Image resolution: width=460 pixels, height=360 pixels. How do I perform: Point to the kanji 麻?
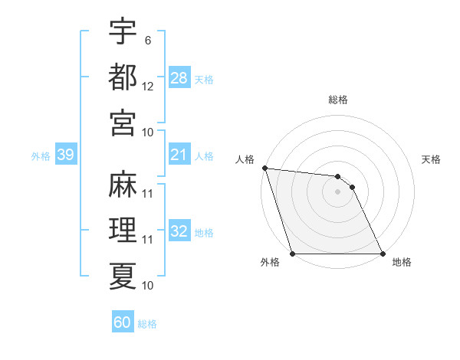pyautogui.click(x=123, y=183)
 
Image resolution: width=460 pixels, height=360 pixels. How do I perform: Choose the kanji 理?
pyautogui.click(x=123, y=229)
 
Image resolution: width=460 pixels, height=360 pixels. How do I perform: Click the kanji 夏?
pyautogui.click(x=123, y=274)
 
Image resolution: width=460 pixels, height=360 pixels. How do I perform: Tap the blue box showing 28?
pyautogui.click(x=179, y=78)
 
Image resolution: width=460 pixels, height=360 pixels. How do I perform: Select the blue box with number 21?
pyautogui.click(x=179, y=155)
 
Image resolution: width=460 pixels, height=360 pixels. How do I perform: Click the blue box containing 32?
pyautogui.click(x=179, y=231)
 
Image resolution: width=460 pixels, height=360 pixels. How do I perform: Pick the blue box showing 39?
pyautogui.click(x=65, y=155)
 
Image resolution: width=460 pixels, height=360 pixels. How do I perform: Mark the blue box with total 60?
pyautogui.click(x=123, y=322)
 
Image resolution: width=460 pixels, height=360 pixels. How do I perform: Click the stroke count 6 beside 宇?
pyautogui.click(x=147, y=40)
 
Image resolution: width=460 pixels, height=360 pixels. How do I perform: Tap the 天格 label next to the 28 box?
pyautogui.click(x=205, y=79)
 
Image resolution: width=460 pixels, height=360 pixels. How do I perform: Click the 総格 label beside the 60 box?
pyautogui.click(x=148, y=323)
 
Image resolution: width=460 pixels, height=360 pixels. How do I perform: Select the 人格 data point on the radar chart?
pyautogui.click(x=264, y=168)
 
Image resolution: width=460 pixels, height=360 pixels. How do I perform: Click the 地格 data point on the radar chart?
pyautogui.click(x=382, y=254)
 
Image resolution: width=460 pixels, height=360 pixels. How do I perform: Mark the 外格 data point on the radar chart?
pyautogui.click(x=293, y=254)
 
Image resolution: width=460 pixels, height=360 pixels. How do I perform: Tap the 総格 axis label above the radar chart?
pyautogui.click(x=337, y=100)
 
